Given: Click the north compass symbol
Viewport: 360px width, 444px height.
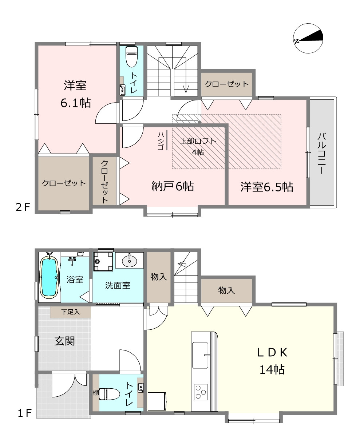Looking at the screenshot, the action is pyautogui.click(x=308, y=38).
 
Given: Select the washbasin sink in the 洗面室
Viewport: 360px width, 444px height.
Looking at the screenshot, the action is pyautogui.click(x=130, y=261).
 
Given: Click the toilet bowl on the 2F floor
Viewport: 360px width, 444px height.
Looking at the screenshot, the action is pyautogui.click(x=131, y=57).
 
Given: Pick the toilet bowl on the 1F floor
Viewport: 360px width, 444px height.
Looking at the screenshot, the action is pyautogui.click(x=109, y=394).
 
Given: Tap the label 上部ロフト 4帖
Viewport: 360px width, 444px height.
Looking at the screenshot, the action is pyautogui.click(x=198, y=147).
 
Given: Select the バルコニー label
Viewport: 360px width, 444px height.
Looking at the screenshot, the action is pyautogui.click(x=321, y=153).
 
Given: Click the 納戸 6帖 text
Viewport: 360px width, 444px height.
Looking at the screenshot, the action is pyautogui.click(x=173, y=186).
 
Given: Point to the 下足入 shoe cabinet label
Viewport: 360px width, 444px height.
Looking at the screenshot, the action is pyautogui.click(x=70, y=312).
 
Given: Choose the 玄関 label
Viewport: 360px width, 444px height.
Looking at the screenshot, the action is pyautogui.click(x=64, y=341).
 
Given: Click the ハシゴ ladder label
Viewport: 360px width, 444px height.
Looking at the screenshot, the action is pyautogui.click(x=160, y=141).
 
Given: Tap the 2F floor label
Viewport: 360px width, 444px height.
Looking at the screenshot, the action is pyautogui.click(x=23, y=207).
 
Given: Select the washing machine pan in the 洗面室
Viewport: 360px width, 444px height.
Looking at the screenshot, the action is pyautogui.click(x=103, y=261).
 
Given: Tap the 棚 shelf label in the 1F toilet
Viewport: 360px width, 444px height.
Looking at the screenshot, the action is pyautogui.click(x=96, y=393).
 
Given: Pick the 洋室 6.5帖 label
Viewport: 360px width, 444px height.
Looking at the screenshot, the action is pyautogui.click(x=266, y=187).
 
